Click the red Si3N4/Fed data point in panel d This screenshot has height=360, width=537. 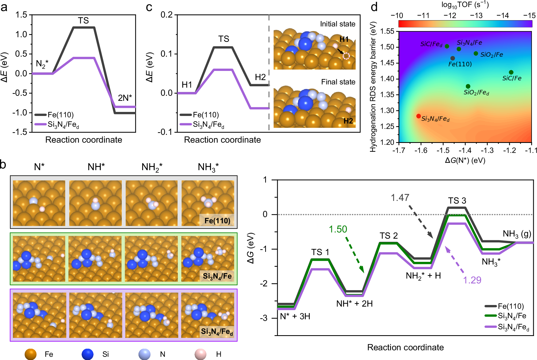point(418,116)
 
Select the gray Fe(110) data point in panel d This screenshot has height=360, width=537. point(453,58)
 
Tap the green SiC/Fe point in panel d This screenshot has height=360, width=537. point(511,72)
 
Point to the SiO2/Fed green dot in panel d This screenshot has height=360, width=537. point(468,86)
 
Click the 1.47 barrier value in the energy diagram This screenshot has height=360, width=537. point(400,198)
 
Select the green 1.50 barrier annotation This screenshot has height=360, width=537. point(338,229)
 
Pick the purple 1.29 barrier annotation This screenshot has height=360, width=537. point(472,280)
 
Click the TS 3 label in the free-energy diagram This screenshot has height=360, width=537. point(457,201)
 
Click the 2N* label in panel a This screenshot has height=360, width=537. point(125,98)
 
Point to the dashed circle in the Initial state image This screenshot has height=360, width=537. point(346,56)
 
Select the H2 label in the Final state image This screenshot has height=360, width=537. point(348,121)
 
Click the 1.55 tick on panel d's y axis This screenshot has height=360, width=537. point(387,31)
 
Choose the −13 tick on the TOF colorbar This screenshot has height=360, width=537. point(476,16)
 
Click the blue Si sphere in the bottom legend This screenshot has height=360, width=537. point(87,354)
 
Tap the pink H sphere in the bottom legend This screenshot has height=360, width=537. point(200,354)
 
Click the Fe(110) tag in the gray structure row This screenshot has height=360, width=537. point(217,221)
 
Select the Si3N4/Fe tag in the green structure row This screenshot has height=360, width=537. point(217,276)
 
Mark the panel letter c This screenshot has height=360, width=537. point(149,7)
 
